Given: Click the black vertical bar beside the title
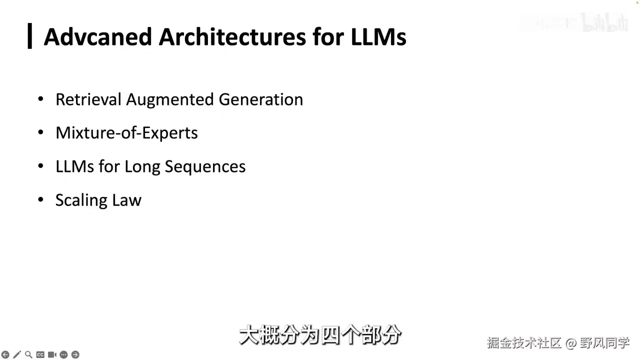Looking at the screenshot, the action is (30, 36).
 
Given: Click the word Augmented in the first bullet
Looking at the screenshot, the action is (170, 99).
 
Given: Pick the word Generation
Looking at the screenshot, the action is (260, 99).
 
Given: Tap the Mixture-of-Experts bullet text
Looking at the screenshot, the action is (126, 133).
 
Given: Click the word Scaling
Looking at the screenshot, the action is (81, 200).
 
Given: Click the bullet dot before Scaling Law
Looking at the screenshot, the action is (41, 200).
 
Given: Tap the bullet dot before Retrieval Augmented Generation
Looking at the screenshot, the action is (41, 99).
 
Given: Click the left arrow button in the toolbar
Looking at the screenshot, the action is (5, 354).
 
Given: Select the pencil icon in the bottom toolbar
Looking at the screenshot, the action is (17, 354).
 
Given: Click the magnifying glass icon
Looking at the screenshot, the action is (28, 354).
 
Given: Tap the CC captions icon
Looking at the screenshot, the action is (40, 354).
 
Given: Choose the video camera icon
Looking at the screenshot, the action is (51, 354).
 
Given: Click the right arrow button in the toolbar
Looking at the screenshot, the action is (75, 354).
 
